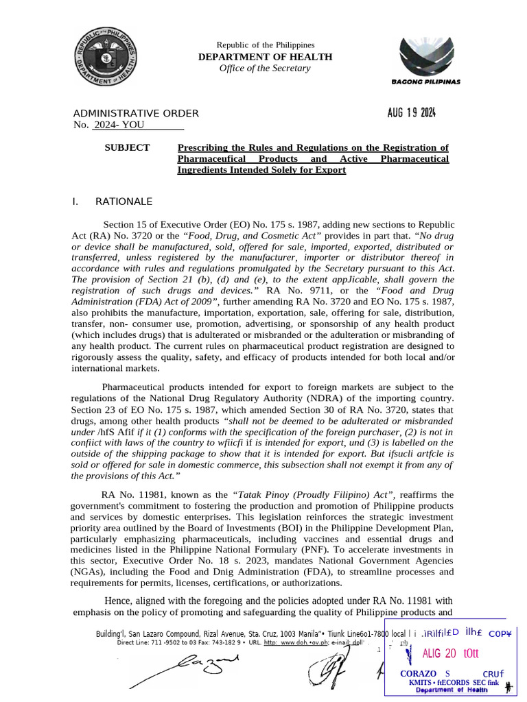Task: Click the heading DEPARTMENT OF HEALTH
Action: coord(265,57)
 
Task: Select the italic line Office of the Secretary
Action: coord(265,68)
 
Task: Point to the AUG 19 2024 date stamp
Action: coord(407,113)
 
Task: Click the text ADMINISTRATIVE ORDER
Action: coord(136,113)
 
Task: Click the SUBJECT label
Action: coord(126,147)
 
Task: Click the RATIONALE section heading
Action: coord(124,202)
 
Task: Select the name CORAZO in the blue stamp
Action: coord(419,674)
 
